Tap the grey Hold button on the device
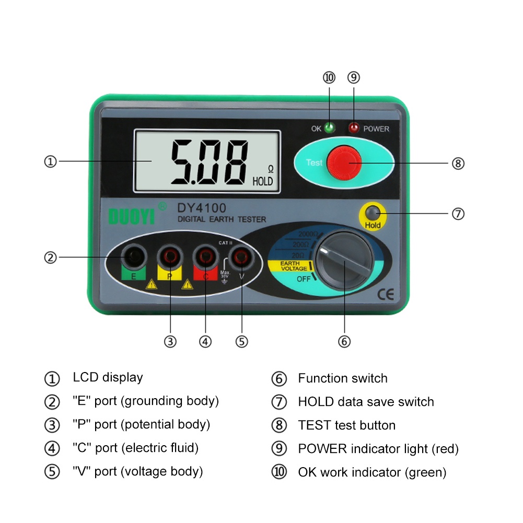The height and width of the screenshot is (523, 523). pos(373,213)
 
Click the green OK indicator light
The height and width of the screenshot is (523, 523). pos(330,128)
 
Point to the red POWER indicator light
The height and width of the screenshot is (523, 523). pos(354,128)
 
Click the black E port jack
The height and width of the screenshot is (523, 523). pos(134,256)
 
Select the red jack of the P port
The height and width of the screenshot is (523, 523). pos(169,256)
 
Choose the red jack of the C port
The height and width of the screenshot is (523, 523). pos(205,256)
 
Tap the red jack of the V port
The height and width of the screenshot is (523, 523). pos(241,256)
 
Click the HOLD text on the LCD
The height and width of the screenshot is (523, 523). pos(263,182)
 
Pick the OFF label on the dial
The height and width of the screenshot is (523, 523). pos(304,278)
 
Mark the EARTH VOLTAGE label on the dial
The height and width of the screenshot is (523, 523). pos(294,265)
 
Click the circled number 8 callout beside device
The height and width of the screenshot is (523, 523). pos(458,164)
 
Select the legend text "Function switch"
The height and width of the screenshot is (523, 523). pos(343,378)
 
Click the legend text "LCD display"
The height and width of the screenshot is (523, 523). pos(108,377)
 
